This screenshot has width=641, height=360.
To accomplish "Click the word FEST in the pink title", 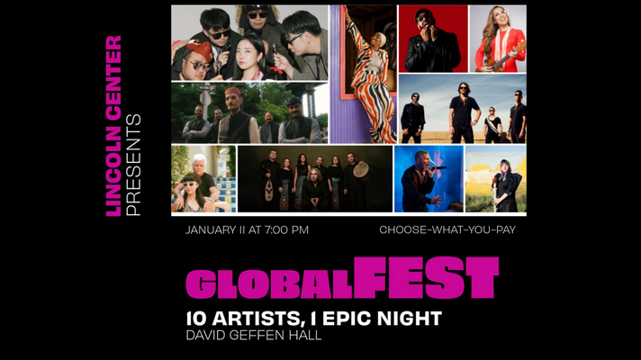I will tap(425, 278).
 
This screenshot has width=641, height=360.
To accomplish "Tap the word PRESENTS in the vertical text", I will tap(135, 165).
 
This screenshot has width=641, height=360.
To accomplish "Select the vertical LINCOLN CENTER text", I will tap(113, 126).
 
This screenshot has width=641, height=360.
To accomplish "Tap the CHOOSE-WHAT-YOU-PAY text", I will tap(447, 230).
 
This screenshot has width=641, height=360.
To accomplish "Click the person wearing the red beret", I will tap(200, 56).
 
